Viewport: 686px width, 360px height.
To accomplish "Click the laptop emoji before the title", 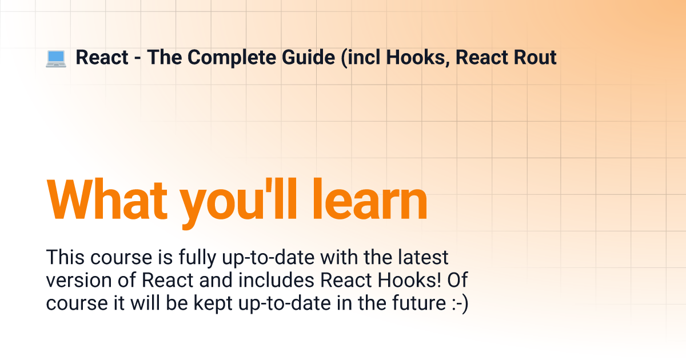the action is [x=56, y=58].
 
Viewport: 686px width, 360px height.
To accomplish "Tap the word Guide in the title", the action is [x=308, y=57].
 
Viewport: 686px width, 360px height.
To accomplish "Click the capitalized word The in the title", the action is [x=164, y=57].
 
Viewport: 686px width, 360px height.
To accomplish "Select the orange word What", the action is [x=107, y=199].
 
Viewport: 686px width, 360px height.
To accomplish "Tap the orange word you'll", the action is [x=238, y=203].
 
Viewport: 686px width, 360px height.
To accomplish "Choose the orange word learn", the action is [x=369, y=199].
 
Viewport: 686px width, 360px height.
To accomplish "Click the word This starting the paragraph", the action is [x=65, y=257].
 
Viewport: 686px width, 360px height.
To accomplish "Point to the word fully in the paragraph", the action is [x=198, y=258].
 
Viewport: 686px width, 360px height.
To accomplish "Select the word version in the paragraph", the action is [x=79, y=280].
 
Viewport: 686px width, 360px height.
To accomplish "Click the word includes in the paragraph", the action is [x=276, y=279].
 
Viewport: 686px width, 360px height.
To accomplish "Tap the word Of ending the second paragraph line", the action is [x=457, y=279].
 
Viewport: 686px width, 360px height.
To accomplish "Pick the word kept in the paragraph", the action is [x=213, y=303].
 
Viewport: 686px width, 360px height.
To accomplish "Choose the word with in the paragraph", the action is [x=338, y=257].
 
